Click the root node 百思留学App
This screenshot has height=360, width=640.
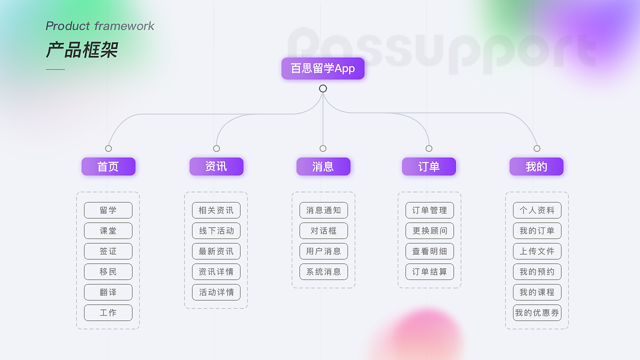pos(323,68)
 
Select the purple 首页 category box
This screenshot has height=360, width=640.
pos(108,166)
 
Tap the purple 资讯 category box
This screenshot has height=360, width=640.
pos(216,166)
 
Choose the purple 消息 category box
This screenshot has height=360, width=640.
pos(323,166)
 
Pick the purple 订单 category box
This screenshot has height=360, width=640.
pos(429,166)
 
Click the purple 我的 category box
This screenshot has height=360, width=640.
pos(536,166)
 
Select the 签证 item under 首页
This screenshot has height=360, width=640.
pos(108,251)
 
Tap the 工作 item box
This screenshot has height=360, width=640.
pos(108,313)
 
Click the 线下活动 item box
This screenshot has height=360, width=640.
pos(216,231)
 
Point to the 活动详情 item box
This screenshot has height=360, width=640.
pos(216,292)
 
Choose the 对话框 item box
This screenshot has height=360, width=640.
pos(323,231)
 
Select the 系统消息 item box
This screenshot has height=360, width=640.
pos(323,272)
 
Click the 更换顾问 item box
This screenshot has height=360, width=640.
pos(429,231)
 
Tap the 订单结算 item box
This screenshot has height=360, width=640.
pos(429,272)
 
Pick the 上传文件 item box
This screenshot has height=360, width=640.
pos(537,251)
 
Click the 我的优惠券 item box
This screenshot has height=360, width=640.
pos(537,313)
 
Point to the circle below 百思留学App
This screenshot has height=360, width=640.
pos(323,88)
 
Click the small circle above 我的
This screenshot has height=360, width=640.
pos(537,148)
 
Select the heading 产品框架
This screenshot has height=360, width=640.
pos(82,50)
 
